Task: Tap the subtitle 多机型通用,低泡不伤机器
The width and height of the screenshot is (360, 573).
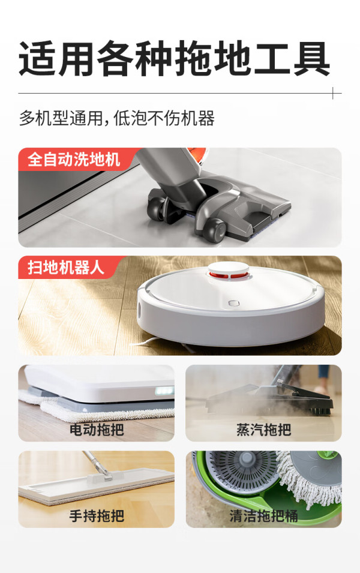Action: coord(116,118)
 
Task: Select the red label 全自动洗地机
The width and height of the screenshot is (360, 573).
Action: coord(74,160)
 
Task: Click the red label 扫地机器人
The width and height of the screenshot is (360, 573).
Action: coord(66,267)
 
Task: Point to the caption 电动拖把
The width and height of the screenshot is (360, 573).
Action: coord(97,430)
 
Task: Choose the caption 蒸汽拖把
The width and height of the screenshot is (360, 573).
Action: coord(263,430)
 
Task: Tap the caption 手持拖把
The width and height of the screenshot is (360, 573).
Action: coord(97,515)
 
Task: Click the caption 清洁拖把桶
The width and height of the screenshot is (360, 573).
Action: coord(263,515)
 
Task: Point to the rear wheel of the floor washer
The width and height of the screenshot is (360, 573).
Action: coord(157,209)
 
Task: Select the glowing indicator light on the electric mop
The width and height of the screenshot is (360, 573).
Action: coord(164,391)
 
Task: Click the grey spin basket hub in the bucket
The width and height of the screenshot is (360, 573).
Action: coord(247,458)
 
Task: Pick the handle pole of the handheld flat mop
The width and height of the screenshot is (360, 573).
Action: coord(95,463)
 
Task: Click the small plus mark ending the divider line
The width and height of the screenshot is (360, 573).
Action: coord(333,93)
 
